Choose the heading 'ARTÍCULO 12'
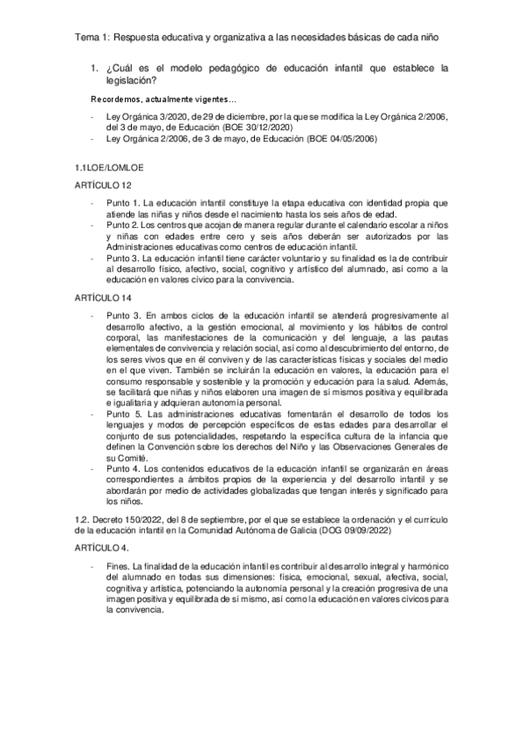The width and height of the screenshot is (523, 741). pos(103,184)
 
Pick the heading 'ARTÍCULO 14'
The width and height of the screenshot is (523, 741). pos(103,298)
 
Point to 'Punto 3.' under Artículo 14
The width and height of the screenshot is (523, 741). pos(122,315)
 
